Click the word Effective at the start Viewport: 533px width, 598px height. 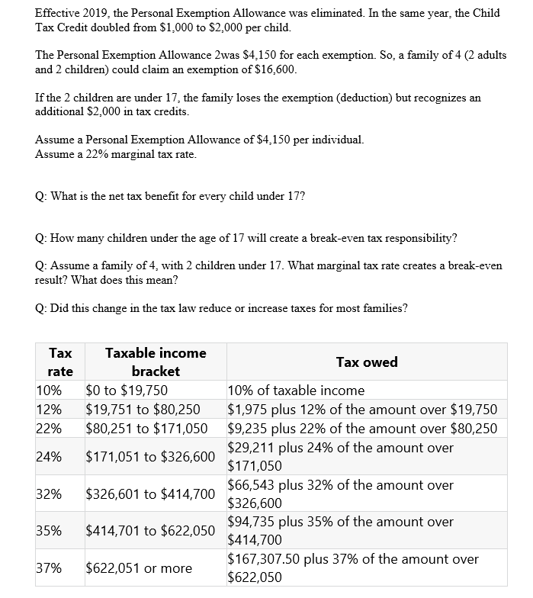coord(60,13)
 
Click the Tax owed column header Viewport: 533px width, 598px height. coord(367,362)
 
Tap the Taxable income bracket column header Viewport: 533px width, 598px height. coord(156,362)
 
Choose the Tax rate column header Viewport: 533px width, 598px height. coord(60,362)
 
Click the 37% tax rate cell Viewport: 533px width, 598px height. coord(49,567)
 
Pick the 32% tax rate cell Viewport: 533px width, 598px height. coord(49,494)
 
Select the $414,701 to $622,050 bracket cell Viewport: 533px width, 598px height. coord(150,530)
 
